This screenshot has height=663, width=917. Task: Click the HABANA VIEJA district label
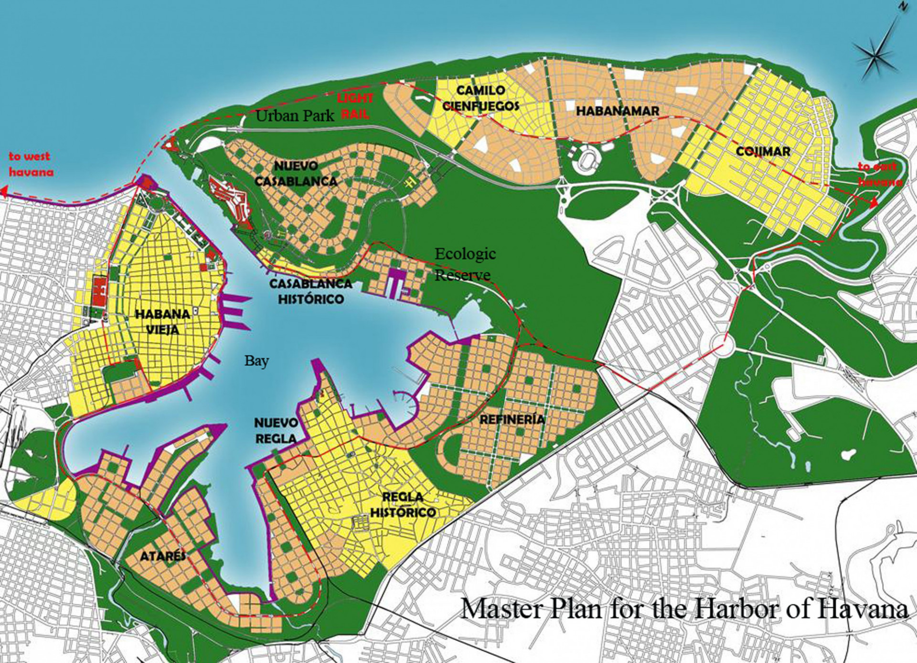point(162,322)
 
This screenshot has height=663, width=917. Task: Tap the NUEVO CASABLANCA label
point(296,174)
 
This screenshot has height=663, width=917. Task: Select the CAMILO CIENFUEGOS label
point(480,98)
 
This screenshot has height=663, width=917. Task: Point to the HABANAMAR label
point(618,111)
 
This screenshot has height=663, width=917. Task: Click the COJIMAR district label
point(763,152)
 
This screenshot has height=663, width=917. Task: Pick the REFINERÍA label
point(512,420)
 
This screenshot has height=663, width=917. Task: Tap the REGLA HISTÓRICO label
point(403,505)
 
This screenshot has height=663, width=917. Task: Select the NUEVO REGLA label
point(276,430)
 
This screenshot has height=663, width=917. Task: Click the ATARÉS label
point(163,556)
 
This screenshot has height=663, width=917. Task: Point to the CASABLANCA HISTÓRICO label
point(310,291)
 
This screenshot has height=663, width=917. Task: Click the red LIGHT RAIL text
point(355,106)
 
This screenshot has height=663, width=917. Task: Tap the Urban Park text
point(295,116)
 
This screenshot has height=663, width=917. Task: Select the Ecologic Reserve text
point(464,264)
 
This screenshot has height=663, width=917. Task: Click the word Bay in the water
point(256,361)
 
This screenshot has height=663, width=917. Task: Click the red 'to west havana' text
point(30,164)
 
